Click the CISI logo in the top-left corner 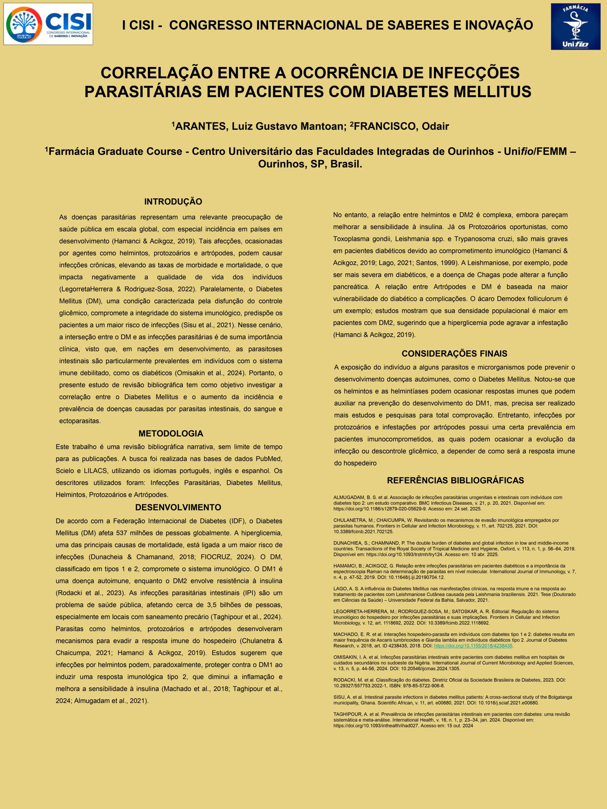[48, 24]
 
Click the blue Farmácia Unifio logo [575, 26]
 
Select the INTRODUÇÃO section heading [173, 202]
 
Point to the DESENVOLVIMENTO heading [178, 507]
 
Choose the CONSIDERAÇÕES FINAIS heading [454, 354]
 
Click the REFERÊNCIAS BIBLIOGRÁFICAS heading [455, 480]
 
